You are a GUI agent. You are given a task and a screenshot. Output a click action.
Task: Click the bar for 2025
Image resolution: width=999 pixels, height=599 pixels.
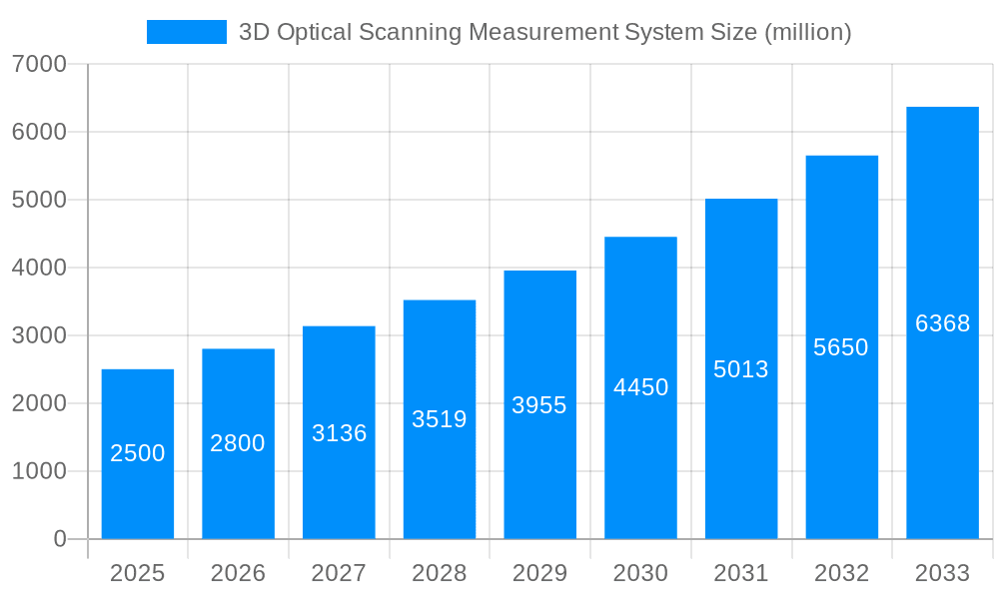click(138, 454)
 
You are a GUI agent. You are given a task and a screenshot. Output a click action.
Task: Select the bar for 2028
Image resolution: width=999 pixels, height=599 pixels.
click(440, 419)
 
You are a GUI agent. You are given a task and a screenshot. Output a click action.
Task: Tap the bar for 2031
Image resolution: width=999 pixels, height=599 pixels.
click(741, 369)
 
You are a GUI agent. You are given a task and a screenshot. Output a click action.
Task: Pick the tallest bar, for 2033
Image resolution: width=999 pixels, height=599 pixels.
click(942, 322)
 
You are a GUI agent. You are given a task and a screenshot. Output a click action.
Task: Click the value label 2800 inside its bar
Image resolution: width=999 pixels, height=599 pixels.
click(238, 443)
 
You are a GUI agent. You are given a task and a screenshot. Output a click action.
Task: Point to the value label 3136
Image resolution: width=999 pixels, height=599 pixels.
click(339, 433)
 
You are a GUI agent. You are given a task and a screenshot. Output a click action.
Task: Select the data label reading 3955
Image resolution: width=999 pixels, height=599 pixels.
click(539, 405)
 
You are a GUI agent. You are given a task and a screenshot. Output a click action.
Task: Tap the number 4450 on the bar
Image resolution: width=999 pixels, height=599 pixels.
click(640, 387)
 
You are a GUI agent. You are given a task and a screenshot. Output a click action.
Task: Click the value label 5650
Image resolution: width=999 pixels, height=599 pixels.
click(841, 347)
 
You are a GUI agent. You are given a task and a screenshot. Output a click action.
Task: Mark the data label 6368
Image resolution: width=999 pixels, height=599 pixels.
click(942, 323)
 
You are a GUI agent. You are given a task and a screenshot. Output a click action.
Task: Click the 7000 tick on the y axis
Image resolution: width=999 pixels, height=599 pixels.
click(39, 65)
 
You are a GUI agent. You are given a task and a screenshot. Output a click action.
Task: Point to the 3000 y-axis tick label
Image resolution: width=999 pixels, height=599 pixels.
click(39, 335)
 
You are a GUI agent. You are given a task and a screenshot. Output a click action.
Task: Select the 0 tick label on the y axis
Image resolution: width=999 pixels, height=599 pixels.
click(59, 539)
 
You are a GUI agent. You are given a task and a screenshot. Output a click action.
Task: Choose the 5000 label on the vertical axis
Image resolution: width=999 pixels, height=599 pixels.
click(39, 200)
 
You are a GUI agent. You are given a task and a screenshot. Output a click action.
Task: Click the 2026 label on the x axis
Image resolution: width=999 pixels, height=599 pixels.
click(238, 573)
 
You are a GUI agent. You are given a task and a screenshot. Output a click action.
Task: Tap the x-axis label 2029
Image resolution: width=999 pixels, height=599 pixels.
click(539, 573)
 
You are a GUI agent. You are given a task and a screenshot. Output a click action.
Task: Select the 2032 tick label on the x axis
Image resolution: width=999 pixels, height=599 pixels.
click(841, 573)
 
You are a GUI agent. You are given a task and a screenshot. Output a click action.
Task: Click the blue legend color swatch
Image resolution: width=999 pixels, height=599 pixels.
click(187, 32)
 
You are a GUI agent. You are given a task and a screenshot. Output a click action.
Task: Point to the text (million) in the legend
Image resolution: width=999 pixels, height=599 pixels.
click(807, 33)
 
